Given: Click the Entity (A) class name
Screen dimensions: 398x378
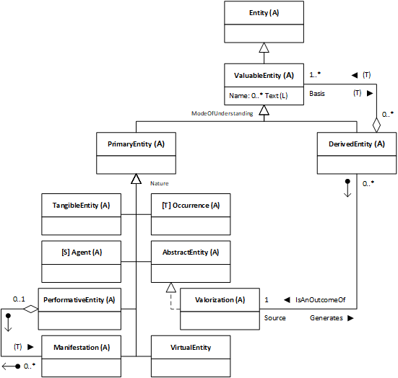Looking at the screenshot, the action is tap(264, 13).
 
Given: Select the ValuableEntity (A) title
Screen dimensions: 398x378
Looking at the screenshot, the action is tap(264, 75).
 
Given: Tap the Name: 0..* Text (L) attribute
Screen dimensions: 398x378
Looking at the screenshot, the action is tap(259, 95).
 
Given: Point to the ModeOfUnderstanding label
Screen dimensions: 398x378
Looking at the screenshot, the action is tap(222, 113).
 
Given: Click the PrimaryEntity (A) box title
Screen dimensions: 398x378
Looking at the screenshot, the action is tap(136, 144).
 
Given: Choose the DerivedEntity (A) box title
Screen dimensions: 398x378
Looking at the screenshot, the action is tap(357, 144).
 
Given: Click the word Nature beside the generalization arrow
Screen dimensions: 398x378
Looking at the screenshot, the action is tap(159, 183).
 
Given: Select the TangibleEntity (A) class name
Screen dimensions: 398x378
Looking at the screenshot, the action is tap(81, 206).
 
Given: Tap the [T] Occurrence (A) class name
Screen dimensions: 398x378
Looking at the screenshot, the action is tap(191, 206).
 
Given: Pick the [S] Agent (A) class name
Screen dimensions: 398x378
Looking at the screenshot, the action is tap(82, 252).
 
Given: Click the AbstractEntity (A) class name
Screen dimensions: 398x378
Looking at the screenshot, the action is tap(191, 252).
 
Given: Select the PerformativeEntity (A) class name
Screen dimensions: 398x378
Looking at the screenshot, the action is tap(79, 300).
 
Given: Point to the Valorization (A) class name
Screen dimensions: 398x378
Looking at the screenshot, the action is tap(220, 300).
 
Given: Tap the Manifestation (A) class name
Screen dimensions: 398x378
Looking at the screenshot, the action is tap(82, 347).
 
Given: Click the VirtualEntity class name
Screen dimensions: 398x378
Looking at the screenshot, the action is tap(191, 347).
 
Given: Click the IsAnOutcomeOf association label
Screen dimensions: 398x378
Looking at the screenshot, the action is tap(320, 300).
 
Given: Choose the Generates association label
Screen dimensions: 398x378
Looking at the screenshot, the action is tap(326, 318).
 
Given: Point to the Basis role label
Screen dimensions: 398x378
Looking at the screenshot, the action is tap(317, 94).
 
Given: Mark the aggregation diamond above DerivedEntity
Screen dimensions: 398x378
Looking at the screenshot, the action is tap(376, 125).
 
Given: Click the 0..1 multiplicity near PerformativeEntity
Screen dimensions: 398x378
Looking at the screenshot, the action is tap(19, 299).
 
